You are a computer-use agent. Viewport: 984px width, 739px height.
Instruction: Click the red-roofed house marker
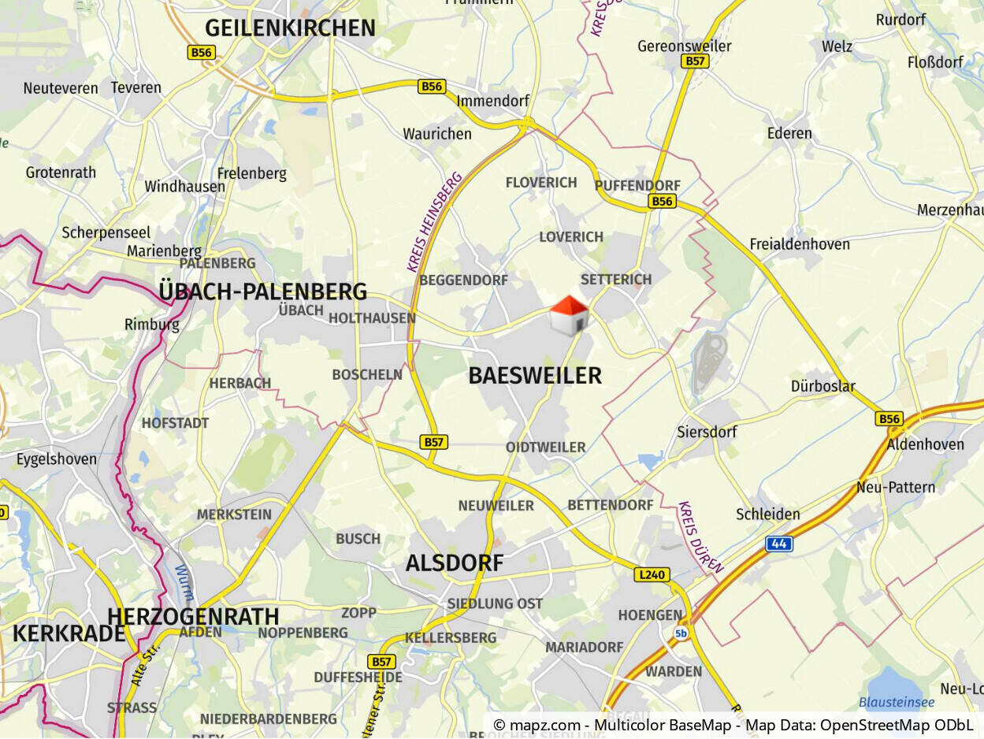(x=569, y=316)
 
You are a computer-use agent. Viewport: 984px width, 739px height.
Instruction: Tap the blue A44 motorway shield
(x=778, y=544)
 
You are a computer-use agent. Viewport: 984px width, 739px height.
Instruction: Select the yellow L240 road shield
(x=652, y=575)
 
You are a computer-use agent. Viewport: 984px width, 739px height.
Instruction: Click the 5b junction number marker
(x=681, y=633)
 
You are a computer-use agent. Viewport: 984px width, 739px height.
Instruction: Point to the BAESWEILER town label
(x=535, y=376)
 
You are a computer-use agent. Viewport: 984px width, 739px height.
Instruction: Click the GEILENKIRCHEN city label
(x=290, y=28)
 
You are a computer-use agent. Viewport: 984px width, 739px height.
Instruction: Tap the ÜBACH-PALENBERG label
(x=262, y=292)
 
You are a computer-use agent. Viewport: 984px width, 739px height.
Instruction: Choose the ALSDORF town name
(x=454, y=563)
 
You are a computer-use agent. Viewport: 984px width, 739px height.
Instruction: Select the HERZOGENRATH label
(x=193, y=615)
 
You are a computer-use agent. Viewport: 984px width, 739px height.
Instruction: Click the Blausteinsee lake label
(x=897, y=702)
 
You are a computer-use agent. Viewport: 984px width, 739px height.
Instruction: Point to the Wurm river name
(x=184, y=582)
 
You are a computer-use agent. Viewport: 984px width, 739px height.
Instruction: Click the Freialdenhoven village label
(x=800, y=244)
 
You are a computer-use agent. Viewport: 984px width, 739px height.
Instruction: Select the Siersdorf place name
(x=707, y=432)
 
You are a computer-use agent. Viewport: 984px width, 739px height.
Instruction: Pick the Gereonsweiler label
(x=684, y=46)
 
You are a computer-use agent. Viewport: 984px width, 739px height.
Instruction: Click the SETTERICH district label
(x=616, y=280)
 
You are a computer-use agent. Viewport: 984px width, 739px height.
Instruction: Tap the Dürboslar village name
(x=822, y=387)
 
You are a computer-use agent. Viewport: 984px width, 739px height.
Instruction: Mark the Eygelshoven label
(x=57, y=459)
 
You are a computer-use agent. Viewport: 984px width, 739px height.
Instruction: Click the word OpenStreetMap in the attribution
(x=872, y=725)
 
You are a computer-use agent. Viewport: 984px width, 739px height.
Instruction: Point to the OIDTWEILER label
(x=545, y=447)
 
